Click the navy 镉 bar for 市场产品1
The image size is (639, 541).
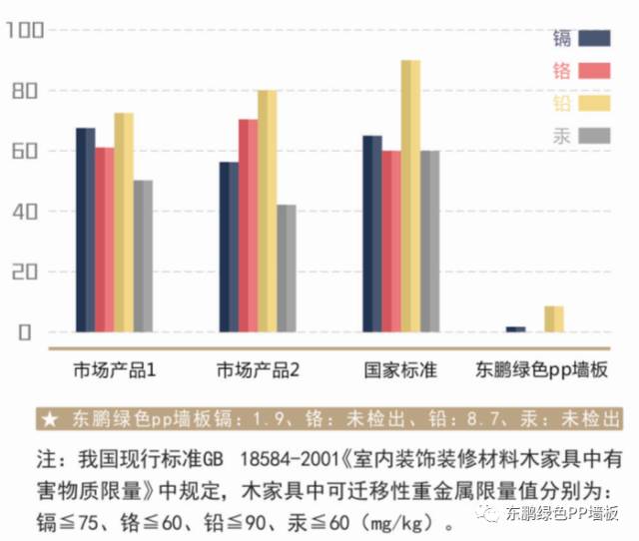click(85, 230)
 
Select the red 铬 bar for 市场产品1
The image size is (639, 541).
click(104, 240)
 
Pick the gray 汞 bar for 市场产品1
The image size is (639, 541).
click(143, 256)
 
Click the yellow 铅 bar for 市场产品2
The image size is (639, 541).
click(267, 211)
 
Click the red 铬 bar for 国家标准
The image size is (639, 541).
click(391, 241)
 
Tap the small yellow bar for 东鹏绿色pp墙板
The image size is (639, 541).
click(554, 318)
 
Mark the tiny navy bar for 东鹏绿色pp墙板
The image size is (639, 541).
click(515, 328)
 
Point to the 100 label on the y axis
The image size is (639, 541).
click(25, 31)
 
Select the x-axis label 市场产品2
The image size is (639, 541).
click(259, 370)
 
